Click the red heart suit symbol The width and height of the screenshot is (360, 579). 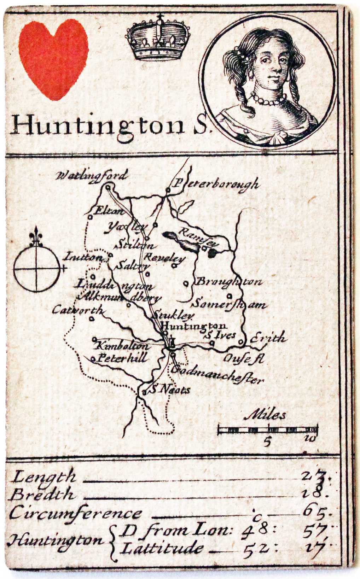click(53, 58)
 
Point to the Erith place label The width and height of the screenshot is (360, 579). click(267, 338)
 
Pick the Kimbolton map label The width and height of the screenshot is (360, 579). click(122, 346)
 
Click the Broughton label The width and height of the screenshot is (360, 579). click(229, 282)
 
